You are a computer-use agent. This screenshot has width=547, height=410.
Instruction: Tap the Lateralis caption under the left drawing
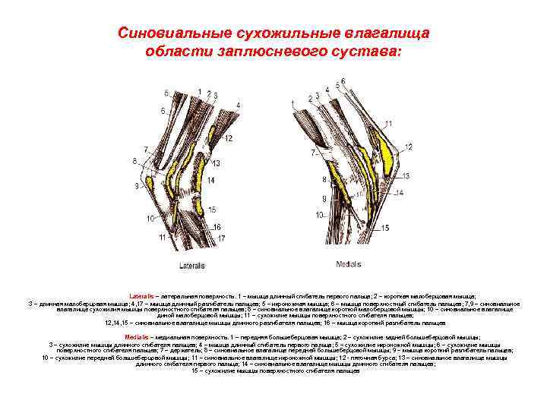[x=191, y=266]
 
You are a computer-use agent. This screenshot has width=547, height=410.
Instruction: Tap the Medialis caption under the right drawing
[x=349, y=264]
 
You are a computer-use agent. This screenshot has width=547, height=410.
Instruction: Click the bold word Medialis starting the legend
[x=138, y=336]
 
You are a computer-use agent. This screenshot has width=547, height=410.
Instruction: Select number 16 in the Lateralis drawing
[x=217, y=227]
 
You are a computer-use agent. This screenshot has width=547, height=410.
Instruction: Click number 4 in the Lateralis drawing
[x=239, y=104]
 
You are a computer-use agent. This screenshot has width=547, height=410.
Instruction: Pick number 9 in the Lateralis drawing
[x=138, y=185]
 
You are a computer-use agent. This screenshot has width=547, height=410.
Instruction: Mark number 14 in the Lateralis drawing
[x=210, y=179]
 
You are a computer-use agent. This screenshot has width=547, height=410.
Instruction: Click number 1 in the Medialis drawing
[x=310, y=99]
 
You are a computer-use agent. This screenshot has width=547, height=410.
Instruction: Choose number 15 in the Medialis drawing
[x=385, y=227]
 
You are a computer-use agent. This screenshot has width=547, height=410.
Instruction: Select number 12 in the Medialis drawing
[x=409, y=147]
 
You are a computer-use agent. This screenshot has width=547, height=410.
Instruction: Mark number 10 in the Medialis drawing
[x=320, y=215]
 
